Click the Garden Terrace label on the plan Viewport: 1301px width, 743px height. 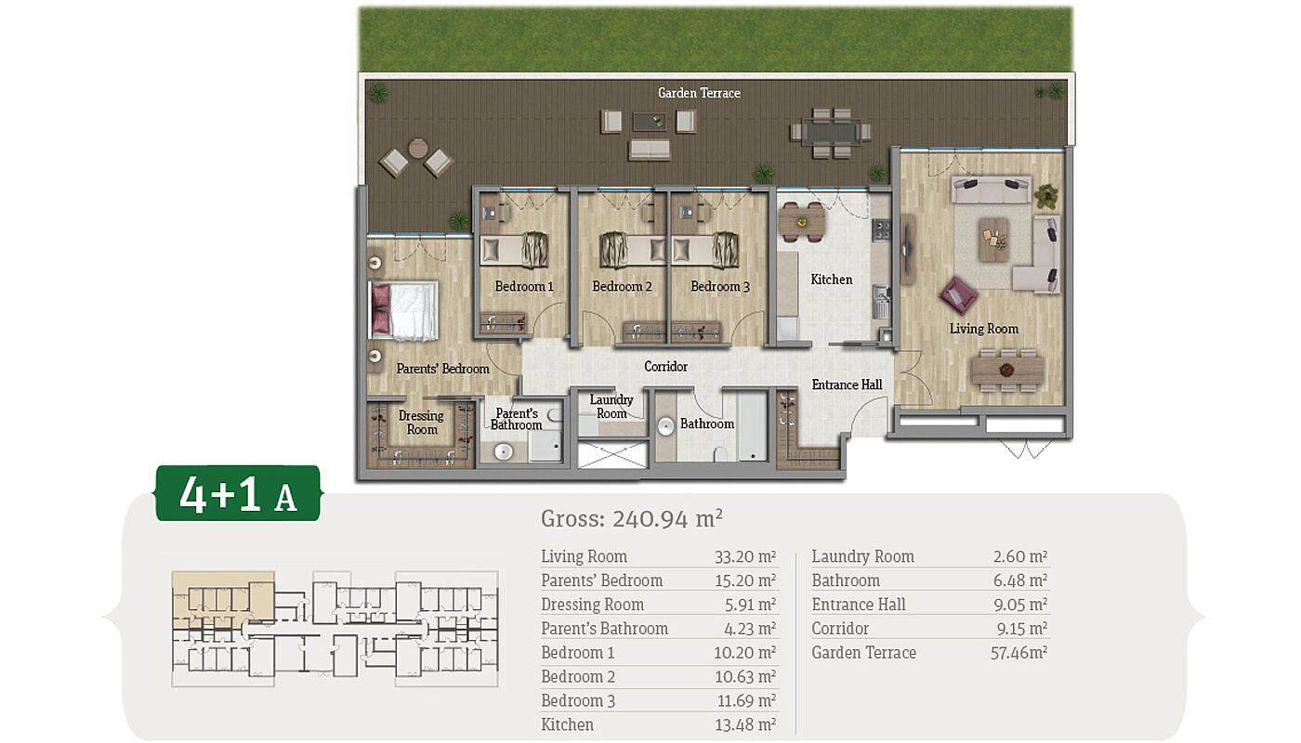(x=699, y=93)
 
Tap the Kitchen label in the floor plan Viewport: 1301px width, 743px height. (x=831, y=280)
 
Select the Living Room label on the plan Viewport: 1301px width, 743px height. (x=984, y=329)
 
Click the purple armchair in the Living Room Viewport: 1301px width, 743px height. (x=958, y=295)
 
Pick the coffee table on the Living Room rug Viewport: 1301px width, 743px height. (x=993, y=240)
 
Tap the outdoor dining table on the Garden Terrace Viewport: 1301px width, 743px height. (x=831, y=132)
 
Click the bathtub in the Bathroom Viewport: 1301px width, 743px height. (x=752, y=426)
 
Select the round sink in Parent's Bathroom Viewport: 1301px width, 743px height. (x=503, y=451)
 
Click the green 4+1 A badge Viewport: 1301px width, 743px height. (x=238, y=493)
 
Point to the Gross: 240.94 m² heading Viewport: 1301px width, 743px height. (x=631, y=518)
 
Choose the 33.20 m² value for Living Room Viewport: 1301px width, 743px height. (x=745, y=556)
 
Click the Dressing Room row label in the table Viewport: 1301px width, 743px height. (x=593, y=605)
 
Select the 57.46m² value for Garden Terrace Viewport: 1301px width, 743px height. (x=1018, y=652)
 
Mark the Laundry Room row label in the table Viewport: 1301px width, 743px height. (x=862, y=556)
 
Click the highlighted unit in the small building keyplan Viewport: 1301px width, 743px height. (x=223, y=598)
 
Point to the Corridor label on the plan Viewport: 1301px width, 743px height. (x=665, y=366)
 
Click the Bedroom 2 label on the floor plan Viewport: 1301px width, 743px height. (x=622, y=286)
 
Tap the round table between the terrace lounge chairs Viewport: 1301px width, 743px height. (x=417, y=148)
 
